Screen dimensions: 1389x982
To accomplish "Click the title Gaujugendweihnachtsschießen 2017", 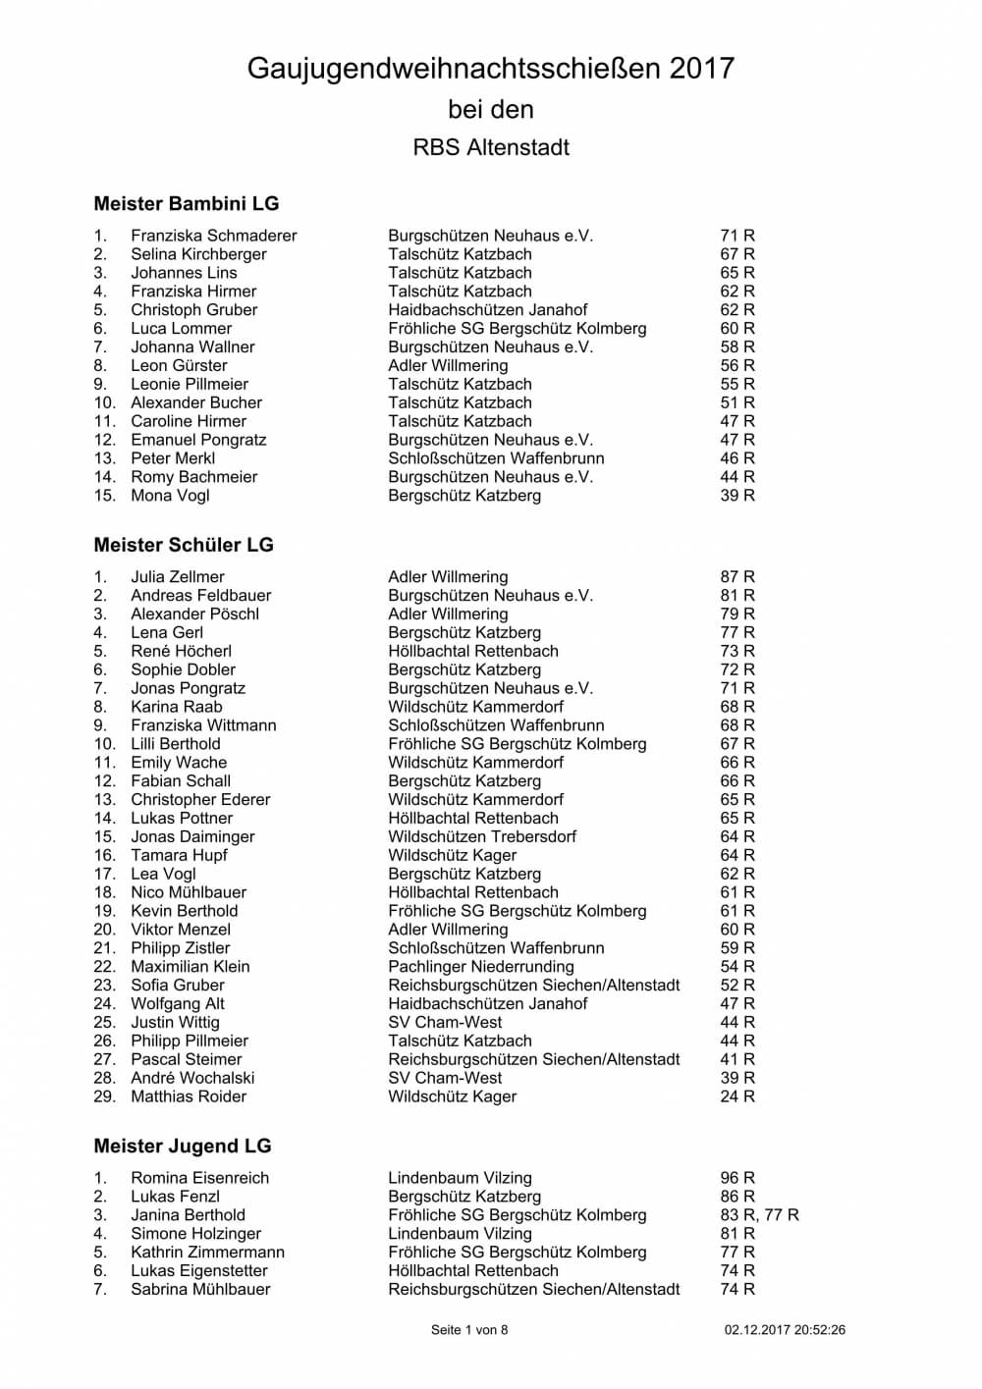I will click(490, 69).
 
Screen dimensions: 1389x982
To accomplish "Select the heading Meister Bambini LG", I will click(187, 204).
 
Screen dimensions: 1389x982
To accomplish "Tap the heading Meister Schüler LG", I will click(184, 545).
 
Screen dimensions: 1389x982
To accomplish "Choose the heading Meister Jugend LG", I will click(183, 1147).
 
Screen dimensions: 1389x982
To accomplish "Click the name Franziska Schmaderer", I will click(213, 236).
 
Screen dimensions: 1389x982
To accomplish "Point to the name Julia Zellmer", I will click(178, 577).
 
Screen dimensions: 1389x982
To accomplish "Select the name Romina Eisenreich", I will click(199, 1178).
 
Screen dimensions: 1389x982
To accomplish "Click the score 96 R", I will click(737, 1178).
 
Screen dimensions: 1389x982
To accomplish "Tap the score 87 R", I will click(737, 577).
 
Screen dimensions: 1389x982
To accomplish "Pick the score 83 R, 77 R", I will click(759, 1215).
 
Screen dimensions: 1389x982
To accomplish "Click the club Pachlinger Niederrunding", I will click(480, 967).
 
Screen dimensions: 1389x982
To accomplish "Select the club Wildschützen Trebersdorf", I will click(482, 837).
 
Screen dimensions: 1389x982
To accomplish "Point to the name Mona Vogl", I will click(170, 496).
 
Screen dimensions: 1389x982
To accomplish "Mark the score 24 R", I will click(737, 1096).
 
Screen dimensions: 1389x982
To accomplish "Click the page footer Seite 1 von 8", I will click(469, 1330).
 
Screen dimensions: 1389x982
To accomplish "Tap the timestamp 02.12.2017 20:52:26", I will click(785, 1330).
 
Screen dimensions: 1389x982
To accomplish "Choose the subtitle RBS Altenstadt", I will click(491, 148).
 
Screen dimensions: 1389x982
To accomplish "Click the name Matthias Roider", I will click(189, 1096).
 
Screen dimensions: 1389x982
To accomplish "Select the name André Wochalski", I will click(192, 1078).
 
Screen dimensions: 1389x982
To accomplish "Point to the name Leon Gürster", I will click(179, 366).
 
